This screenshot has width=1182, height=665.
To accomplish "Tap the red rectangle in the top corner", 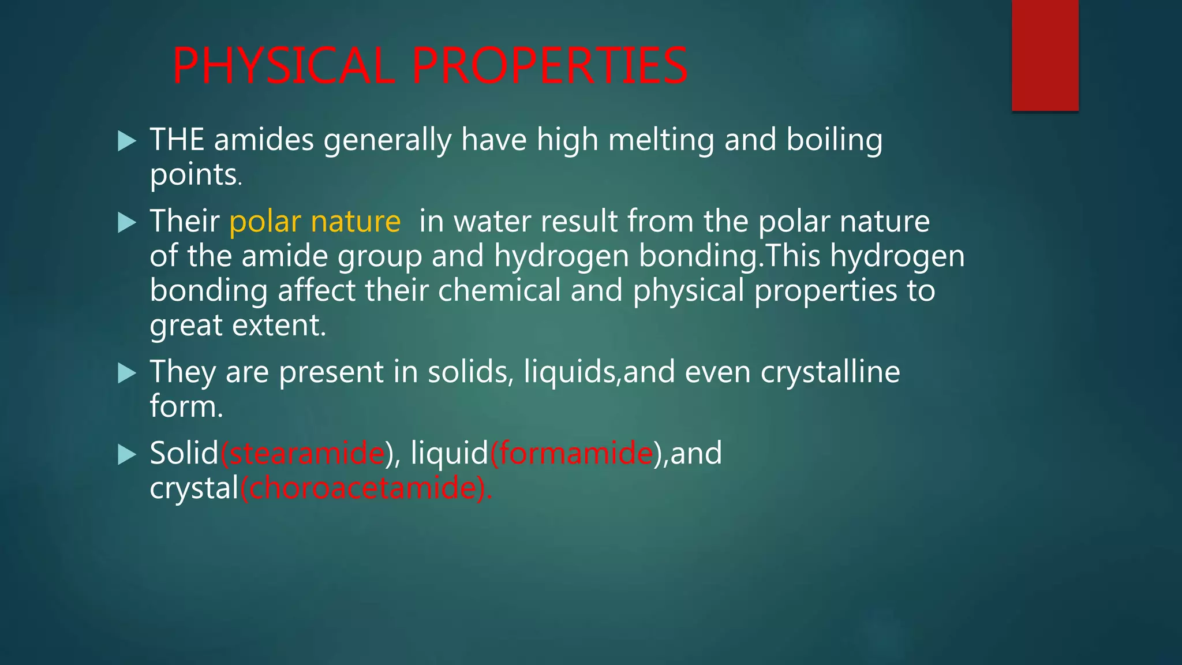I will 1045,55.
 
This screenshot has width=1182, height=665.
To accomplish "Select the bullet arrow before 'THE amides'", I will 126,141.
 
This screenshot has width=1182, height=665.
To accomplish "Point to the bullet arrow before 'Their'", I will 126,222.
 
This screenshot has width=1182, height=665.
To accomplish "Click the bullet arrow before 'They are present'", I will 126,373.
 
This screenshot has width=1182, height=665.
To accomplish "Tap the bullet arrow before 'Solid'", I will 126,454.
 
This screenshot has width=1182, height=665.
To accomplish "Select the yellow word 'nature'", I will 356,221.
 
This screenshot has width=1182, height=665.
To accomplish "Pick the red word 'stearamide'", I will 306,453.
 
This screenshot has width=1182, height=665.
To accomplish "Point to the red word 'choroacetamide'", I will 363,488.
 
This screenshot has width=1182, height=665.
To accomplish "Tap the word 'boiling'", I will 834,141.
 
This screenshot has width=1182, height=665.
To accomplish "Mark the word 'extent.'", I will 279,326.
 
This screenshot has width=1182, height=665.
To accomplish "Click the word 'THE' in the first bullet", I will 177,140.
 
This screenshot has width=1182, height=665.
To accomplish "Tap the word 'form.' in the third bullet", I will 186,406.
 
